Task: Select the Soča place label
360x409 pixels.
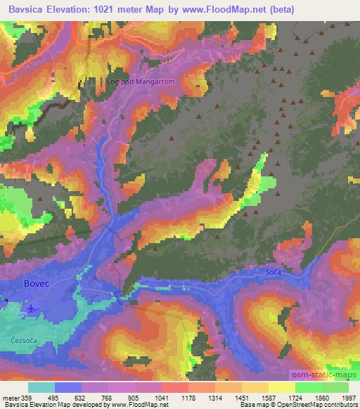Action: [x=274, y=271]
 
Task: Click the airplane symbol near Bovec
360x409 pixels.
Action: [x=30, y=308]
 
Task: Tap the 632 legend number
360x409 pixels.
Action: [x=82, y=398]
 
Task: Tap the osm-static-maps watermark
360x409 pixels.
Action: [x=329, y=375]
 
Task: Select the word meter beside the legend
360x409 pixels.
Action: [x=11, y=398]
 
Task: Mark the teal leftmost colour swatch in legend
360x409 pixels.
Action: [x=41, y=387]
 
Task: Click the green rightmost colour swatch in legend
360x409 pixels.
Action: [x=335, y=387]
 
